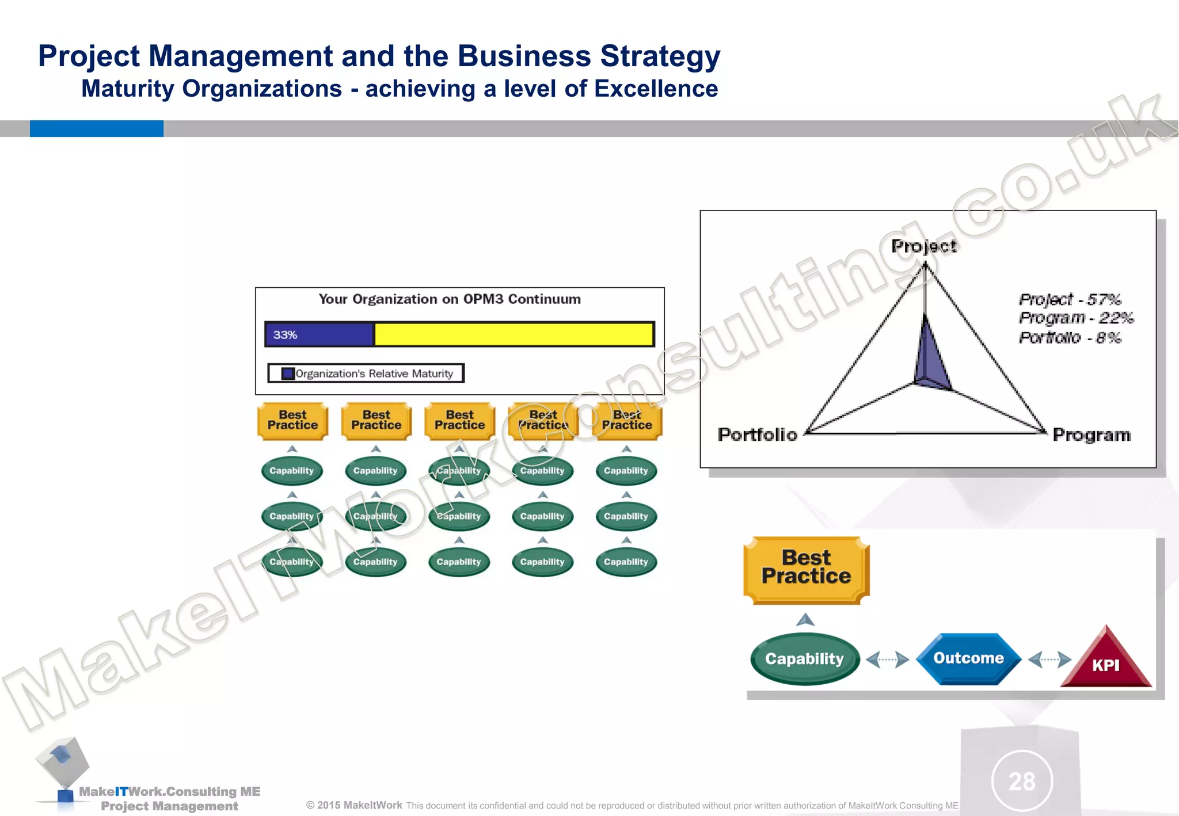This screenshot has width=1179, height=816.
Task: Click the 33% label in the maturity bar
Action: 285,335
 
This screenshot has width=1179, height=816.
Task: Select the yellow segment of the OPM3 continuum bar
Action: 514,334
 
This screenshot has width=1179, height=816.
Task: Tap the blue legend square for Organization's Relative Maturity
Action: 288,373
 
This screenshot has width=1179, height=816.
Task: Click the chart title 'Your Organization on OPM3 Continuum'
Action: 450,299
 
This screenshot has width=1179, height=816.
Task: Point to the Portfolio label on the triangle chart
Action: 757,434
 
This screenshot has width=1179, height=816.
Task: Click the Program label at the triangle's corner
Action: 1091,435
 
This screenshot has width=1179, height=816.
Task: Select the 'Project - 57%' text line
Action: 1070,299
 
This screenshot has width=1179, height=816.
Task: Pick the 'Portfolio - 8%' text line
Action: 1070,338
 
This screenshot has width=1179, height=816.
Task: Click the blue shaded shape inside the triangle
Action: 929,363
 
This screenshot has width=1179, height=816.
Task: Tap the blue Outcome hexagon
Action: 968,658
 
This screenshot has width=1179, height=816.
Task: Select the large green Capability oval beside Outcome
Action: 804,659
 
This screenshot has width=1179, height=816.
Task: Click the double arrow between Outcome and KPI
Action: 1049,659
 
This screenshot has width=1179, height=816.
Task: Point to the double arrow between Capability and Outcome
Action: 887,659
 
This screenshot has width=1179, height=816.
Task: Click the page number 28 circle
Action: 1022,781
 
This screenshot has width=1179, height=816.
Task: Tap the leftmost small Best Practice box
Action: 292,421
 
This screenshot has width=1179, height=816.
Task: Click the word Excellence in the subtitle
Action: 656,89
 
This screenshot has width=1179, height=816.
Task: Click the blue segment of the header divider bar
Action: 96,128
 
